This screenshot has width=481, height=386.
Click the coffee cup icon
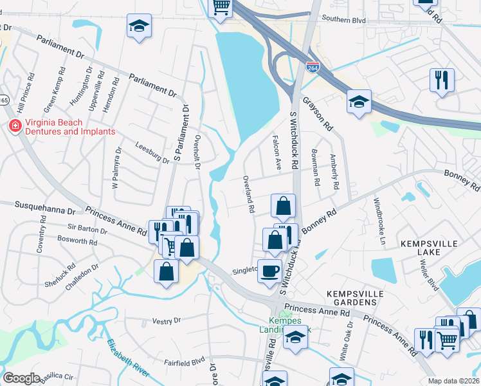[269, 270]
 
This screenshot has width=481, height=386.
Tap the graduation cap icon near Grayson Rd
[359, 101]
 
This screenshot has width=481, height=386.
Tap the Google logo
[21, 378]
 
